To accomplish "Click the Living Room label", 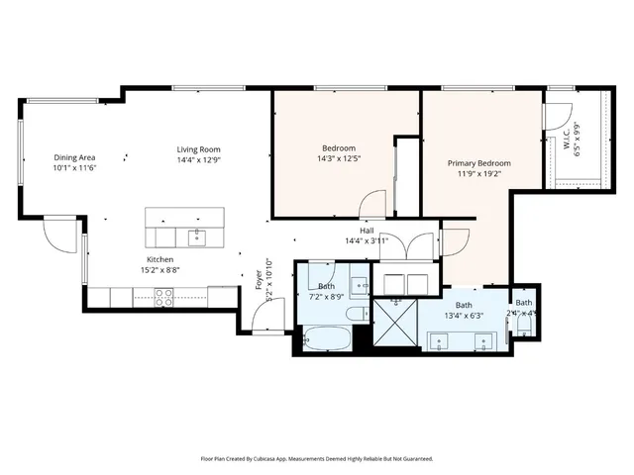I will [198, 148].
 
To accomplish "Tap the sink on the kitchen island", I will [196, 236].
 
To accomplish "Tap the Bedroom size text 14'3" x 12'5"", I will [338, 158].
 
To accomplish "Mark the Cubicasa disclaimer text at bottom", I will [316, 459].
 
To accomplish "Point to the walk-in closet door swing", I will [558, 113].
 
